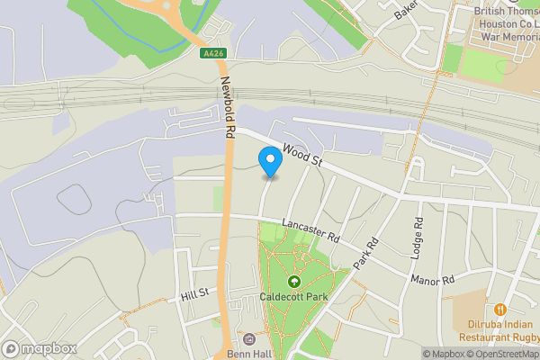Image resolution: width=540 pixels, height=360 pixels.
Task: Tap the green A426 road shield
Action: coord(212,54)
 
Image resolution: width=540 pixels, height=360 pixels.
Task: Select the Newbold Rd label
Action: coord(229,106)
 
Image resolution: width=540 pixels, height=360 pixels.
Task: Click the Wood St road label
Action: coord(301,156)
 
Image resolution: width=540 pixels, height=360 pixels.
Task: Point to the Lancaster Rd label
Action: coord(309,231)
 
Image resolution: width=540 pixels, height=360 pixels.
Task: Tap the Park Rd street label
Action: coord(364,253)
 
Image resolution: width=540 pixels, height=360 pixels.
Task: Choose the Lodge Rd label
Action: coord(418,238)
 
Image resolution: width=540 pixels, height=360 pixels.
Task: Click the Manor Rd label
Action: coord(433,281)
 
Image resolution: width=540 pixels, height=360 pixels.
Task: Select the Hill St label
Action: coord(193,294)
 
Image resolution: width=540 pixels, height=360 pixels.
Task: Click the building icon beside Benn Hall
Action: coord(249,339)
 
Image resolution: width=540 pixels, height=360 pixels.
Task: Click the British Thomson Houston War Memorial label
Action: coord(506,25)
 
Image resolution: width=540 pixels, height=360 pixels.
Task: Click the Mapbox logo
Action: coord(40,348)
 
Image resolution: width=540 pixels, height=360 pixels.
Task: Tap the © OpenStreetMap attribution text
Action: coord(504,354)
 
